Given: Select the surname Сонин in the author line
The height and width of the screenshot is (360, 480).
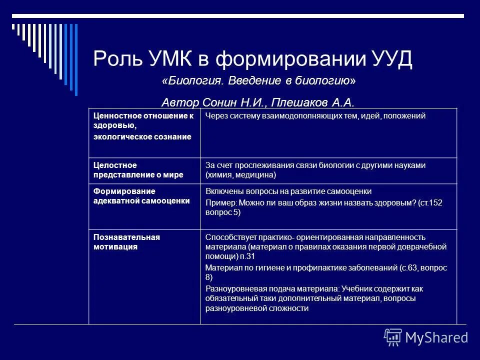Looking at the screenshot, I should [x=220, y=103].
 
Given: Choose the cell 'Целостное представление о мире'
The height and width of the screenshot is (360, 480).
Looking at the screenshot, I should [x=138, y=170].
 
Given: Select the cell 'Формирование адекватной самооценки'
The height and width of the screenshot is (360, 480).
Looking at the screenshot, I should [x=142, y=196].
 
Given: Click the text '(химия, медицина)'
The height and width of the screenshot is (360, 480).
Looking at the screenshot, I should [x=240, y=175].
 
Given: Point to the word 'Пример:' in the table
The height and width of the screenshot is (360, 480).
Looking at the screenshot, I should [x=220, y=203].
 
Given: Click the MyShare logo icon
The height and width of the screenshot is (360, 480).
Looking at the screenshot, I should [x=392, y=337].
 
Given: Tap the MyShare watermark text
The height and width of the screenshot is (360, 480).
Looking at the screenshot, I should [x=436, y=338].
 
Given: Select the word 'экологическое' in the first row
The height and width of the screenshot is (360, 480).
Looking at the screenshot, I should [x=118, y=137].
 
